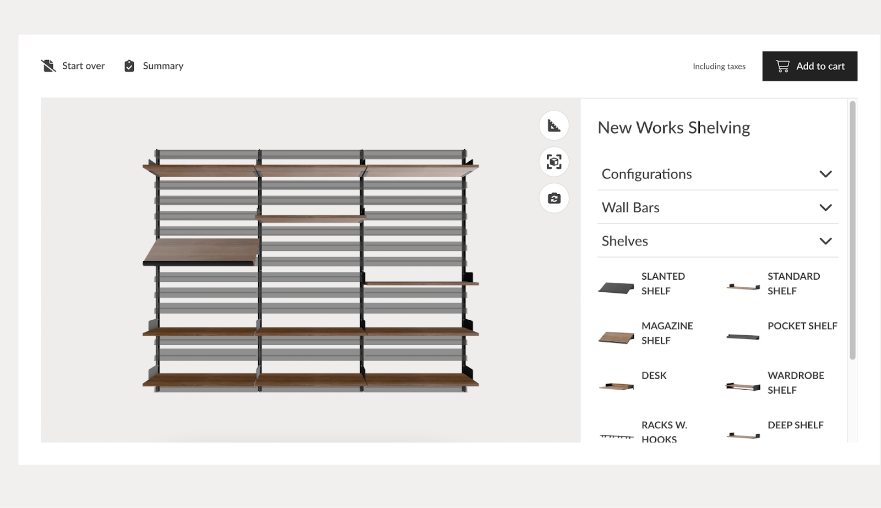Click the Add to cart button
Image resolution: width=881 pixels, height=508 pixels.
(809, 66)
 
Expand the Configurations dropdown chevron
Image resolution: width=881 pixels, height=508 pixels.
(825, 174)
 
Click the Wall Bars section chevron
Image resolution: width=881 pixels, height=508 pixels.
(825, 207)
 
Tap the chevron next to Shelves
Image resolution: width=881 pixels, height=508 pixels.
(825, 241)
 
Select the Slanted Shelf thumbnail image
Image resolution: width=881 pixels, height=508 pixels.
(616, 287)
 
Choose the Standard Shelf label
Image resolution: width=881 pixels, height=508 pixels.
(793, 283)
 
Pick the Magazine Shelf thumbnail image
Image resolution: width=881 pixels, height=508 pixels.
(616, 337)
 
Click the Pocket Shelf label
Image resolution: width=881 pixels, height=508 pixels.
(802, 326)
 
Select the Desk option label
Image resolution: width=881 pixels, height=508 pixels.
(654, 375)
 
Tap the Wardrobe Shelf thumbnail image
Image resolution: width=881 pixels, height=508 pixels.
(743, 386)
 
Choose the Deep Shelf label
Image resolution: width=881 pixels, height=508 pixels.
(796, 425)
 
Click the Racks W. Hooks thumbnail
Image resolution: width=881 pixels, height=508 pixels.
(616, 436)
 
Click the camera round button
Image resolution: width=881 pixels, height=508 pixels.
(554, 198)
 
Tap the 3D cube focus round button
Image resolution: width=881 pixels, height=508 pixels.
(554, 162)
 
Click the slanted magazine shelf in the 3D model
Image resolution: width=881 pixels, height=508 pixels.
(202, 251)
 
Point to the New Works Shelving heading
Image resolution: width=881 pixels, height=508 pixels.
(674, 128)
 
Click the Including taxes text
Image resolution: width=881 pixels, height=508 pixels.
(719, 67)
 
